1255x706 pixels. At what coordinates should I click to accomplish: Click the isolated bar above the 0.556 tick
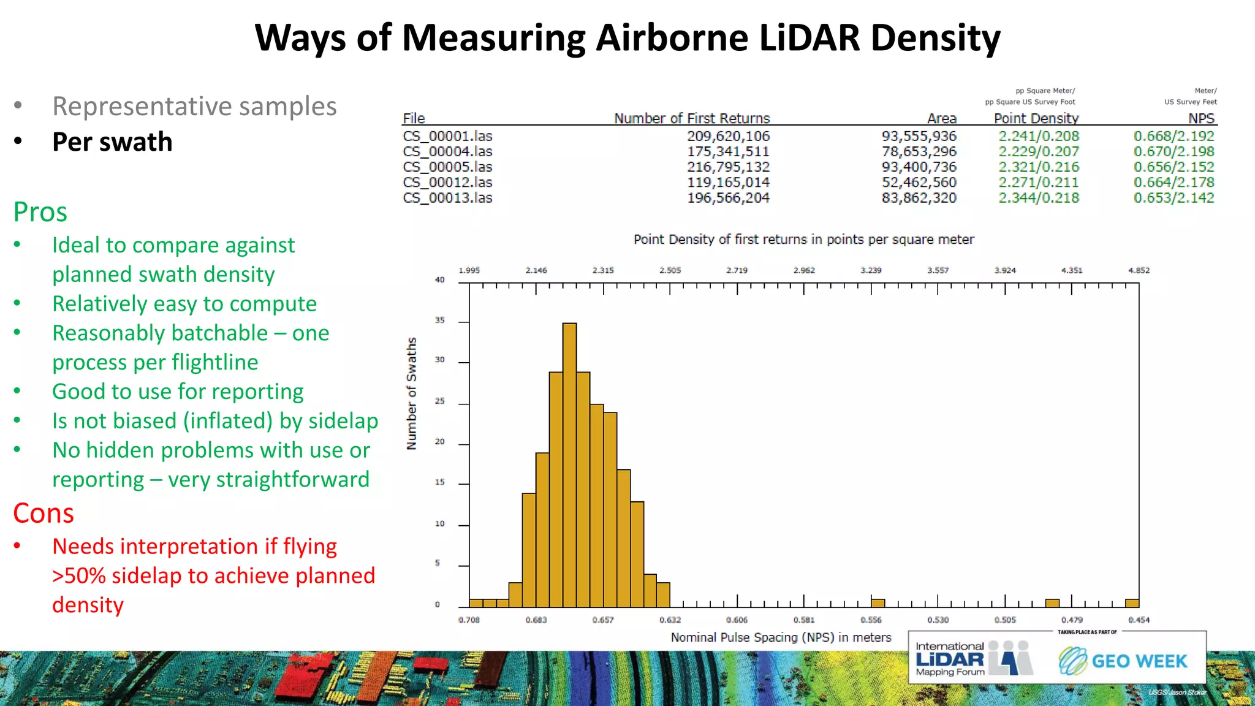[x=878, y=603]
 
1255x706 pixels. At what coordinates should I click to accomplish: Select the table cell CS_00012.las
[x=447, y=182]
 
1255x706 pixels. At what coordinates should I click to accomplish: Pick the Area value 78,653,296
[x=919, y=151]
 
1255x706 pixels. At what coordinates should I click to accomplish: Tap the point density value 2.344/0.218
[x=1038, y=197]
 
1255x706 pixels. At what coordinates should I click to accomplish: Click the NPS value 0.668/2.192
[x=1173, y=136]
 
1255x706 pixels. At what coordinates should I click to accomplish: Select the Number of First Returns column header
[x=692, y=118]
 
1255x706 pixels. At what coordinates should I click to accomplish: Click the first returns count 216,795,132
[x=728, y=167]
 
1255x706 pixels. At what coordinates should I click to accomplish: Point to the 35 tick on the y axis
[x=439, y=321]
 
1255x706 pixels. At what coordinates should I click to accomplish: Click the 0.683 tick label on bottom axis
[x=536, y=620]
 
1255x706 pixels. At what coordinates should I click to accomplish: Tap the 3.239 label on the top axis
[x=871, y=270]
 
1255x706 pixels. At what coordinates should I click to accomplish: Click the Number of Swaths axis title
[x=412, y=393]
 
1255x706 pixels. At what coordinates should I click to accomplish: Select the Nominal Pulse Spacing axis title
[x=781, y=637]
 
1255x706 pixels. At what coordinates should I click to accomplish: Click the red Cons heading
[x=44, y=513]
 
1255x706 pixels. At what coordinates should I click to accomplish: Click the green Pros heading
[x=40, y=212]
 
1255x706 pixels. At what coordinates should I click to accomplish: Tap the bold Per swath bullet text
[x=112, y=142]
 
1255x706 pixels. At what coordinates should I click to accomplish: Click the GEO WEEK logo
[x=1123, y=661]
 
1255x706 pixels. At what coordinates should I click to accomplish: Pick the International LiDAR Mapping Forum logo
[x=974, y=659]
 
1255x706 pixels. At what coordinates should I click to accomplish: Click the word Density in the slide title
[x=935, y=38]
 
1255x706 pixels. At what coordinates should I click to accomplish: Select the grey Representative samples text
[x=194, y=106]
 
